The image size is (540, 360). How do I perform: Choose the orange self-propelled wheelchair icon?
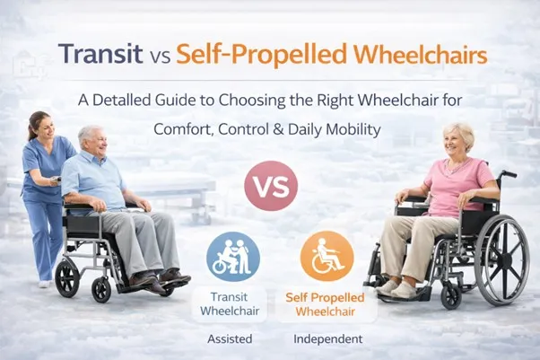coord(327,256)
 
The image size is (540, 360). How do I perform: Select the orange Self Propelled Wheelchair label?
coord(327,303)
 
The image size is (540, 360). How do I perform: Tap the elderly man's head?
coord(92,140)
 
